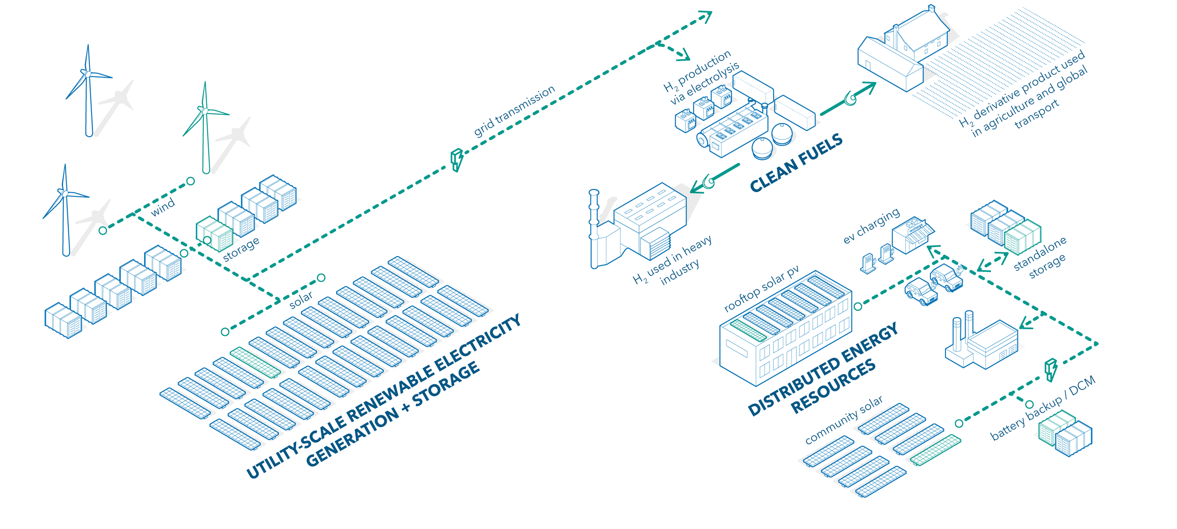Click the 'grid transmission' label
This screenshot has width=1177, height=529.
[x=514, y=111]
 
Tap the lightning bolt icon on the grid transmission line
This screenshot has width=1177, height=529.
[x=456, y=160]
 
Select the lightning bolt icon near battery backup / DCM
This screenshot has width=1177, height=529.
[x=1050, y=369]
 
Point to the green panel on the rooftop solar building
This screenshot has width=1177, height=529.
[x=748, y=330]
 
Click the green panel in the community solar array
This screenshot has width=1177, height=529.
[x=935, y=449]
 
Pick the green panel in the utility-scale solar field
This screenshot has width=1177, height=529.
[x=255, y=362]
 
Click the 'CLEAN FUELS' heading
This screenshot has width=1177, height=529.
[x=796, y=163]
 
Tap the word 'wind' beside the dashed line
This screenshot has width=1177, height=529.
[x=162, y=207]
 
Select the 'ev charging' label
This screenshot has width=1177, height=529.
[x=871, y=226]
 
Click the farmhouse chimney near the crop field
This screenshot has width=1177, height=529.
[x=931, y=8]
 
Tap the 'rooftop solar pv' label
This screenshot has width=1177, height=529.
[x=761, y=288]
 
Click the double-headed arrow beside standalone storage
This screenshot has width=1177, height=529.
[x=992, y=262]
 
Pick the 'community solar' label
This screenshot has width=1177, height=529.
[x=844, y=420]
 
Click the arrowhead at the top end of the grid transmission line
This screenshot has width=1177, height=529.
[x=706, y=16]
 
